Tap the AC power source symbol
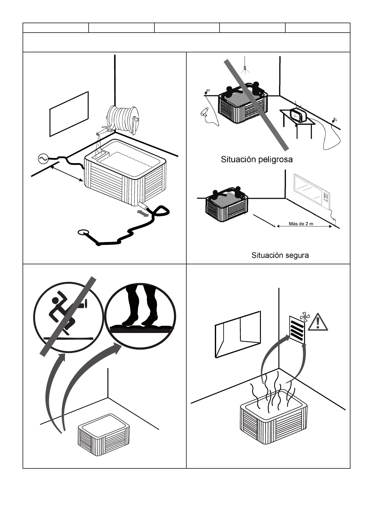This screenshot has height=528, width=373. tap(42, 159)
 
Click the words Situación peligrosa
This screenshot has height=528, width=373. tap(256, 159)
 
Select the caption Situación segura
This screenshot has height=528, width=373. tap(280, 255)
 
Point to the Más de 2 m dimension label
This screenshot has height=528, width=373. tap(301, 224)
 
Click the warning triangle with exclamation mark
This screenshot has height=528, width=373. tap(318, 322)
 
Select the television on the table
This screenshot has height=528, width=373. tap(299, 114)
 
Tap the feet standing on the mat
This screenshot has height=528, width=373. tap(140, 307)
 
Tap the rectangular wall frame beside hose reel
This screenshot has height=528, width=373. tap(69, 114)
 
